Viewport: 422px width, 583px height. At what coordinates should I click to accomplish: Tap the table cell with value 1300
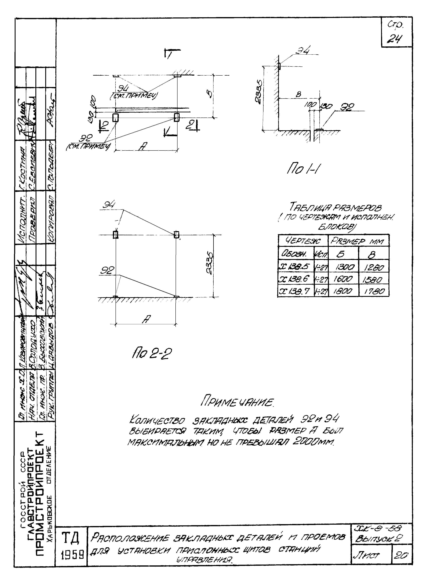(343, 267)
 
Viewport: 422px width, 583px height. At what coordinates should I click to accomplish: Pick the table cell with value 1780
(374, 291)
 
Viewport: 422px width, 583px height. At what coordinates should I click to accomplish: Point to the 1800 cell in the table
(343, 291)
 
